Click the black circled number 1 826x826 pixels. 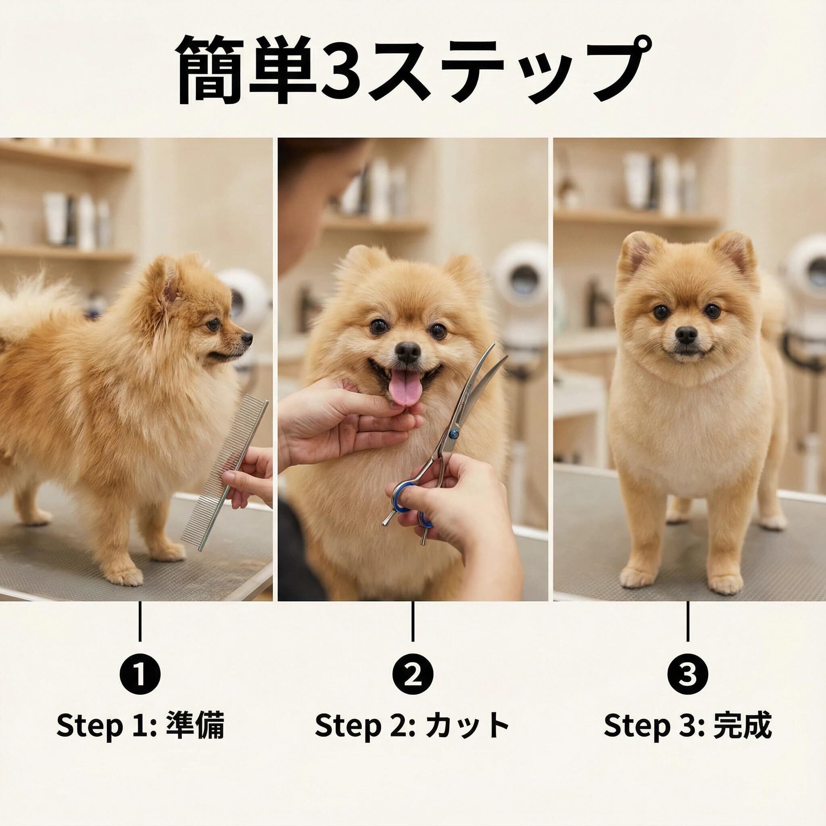click(x=140, y=674)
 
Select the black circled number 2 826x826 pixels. click(x=413, y=674)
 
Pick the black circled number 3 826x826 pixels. click(x=688, y=674)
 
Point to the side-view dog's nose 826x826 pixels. click(x=248, y=338)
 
